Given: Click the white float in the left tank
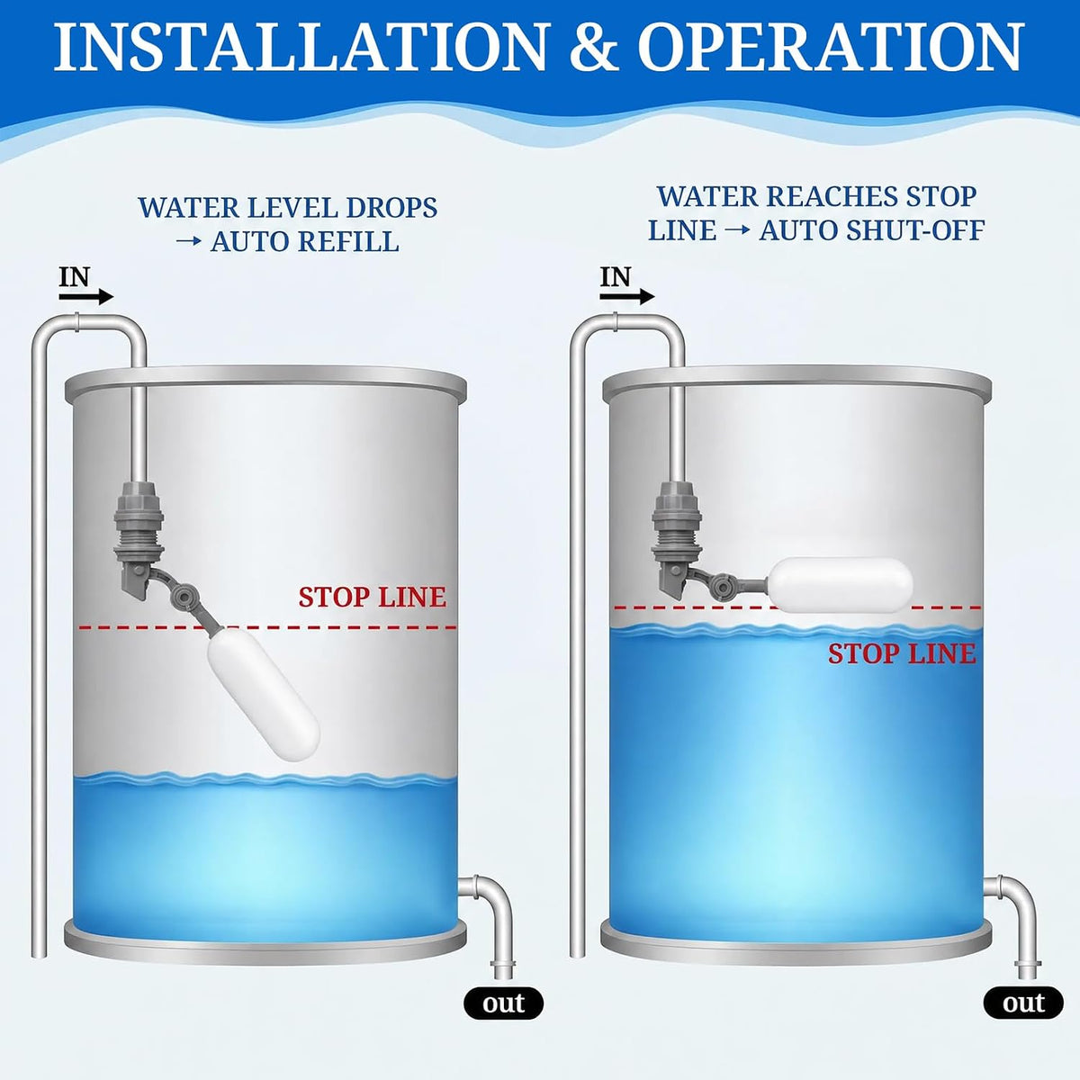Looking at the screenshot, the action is point(264,693).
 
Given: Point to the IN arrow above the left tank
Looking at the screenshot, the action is point(86,298).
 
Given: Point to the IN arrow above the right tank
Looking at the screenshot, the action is point(627,297).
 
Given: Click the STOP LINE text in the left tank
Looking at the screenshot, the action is point(372,598).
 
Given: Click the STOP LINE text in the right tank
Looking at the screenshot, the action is point(902,654).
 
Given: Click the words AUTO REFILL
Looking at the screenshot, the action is point(305,241).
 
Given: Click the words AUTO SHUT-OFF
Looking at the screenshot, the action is point(871,230).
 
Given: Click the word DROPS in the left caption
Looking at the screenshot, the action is point(391,208).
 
